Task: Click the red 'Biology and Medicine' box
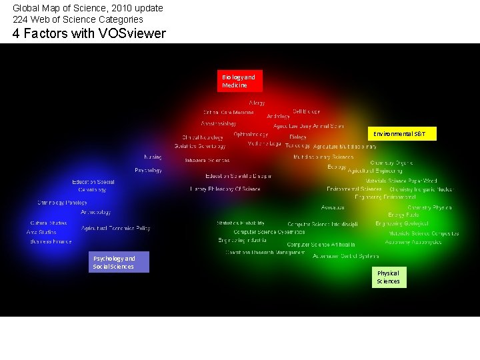239,81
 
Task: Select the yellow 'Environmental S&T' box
400,134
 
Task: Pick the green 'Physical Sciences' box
389,277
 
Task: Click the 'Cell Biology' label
306,111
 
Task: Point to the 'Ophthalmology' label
251,134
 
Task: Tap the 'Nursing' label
153,157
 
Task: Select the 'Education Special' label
93,182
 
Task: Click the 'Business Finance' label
51,241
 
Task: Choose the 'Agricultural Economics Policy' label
116,229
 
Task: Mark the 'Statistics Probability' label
241,223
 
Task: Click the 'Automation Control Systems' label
346,256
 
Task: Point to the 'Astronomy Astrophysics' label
413,242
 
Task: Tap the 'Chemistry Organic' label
392,163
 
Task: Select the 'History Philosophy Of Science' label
225,189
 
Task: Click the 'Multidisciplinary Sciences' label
323,157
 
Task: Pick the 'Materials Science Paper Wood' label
401,181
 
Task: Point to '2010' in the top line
111,8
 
